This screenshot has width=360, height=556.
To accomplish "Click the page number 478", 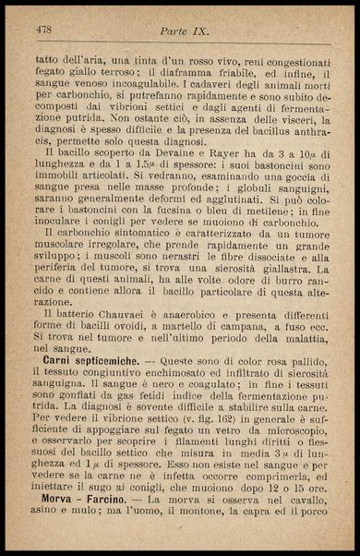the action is point(43,30).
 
